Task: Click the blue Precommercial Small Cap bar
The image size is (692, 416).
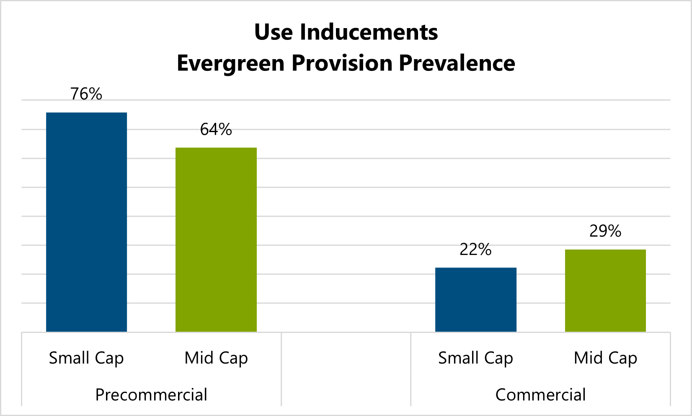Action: pos(86,222)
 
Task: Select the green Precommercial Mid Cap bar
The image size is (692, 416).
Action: pos(216,240)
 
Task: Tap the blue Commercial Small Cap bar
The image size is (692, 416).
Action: pos(475,300)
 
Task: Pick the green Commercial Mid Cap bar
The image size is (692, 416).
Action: pos(605,291)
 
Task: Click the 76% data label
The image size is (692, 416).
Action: pos(86,94)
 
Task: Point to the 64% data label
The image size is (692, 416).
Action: pos(216,129)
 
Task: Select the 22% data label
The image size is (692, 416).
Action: pos(475,250)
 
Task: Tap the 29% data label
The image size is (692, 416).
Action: pos(605,231)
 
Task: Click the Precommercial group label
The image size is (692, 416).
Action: pos(151,395)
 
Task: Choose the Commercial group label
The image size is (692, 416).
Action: pos(540,395)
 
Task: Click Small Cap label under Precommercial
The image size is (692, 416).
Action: pos(86,358)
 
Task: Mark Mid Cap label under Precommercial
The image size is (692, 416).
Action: pos(216,358)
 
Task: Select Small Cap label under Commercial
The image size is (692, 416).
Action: pos(475,358)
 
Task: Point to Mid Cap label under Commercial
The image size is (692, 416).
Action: pos(605,358)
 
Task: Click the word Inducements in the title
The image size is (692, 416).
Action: pos(369,32)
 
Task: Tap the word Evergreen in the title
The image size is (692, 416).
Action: pos(231,64)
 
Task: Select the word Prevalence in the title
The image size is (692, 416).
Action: pos(457,63)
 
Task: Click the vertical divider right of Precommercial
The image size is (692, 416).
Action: pos(281,369)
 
